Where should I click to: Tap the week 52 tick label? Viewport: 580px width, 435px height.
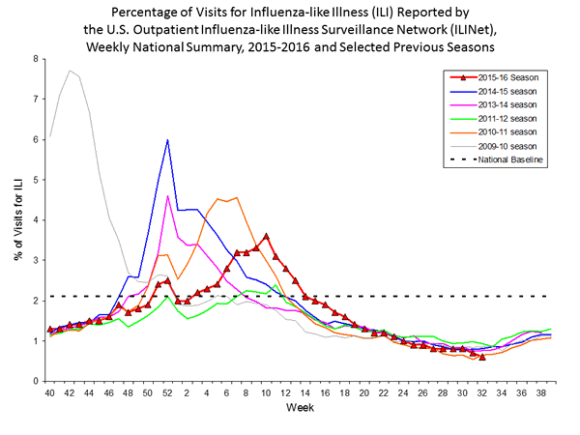[168, 393]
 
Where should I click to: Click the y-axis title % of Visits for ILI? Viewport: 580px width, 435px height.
[16, 219]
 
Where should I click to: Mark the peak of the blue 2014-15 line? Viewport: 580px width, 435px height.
[168, 140]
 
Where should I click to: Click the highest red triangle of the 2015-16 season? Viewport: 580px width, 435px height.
[266, 236]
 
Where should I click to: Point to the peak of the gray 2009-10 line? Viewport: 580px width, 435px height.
[70, 71]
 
